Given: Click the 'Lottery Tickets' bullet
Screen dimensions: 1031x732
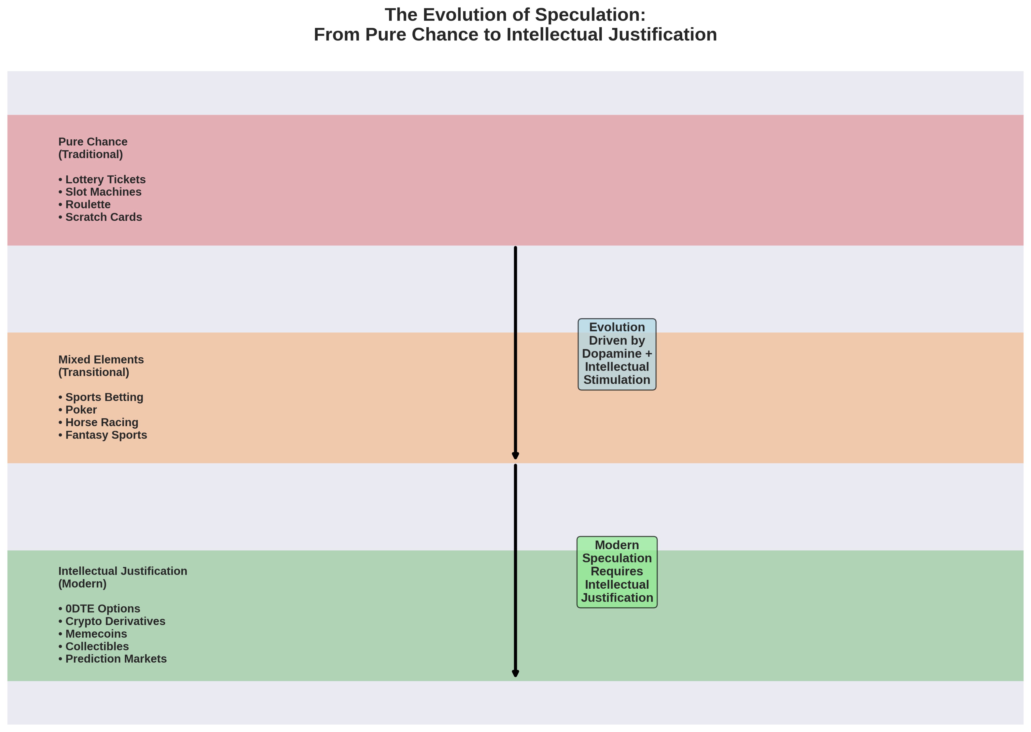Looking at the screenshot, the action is point(102,179).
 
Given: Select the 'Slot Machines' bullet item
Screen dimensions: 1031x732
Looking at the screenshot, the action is point(100,192).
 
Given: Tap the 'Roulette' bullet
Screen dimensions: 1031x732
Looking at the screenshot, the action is point(84,205).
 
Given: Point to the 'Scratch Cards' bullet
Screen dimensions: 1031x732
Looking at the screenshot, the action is point(100,217).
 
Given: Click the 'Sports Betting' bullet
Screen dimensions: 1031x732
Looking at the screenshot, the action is point(101,397).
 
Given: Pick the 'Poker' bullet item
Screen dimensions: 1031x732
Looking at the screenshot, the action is point(78,410).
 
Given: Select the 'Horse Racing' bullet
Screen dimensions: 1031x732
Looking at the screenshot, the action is point(98,422).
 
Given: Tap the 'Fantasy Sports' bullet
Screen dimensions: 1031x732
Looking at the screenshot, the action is point(103,435).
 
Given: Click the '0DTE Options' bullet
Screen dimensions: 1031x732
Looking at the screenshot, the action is point(99,608).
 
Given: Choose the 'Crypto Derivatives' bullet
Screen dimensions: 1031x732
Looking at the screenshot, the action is point(112,621).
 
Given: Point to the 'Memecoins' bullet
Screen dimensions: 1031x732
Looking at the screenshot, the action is point(92,634).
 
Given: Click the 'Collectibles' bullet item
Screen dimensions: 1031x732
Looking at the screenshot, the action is point(93,646).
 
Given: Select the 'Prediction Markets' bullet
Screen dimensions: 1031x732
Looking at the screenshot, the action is point(112,659).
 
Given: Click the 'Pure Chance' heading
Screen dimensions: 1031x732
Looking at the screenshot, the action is point(93,142).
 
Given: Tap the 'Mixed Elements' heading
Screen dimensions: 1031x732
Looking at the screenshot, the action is point(101,360).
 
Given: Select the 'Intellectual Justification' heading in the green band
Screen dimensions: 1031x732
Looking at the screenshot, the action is point(123,571).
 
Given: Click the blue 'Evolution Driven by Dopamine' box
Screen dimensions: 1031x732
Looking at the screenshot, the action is point(617,354).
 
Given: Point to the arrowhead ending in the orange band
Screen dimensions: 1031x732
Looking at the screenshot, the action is point(515,456).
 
